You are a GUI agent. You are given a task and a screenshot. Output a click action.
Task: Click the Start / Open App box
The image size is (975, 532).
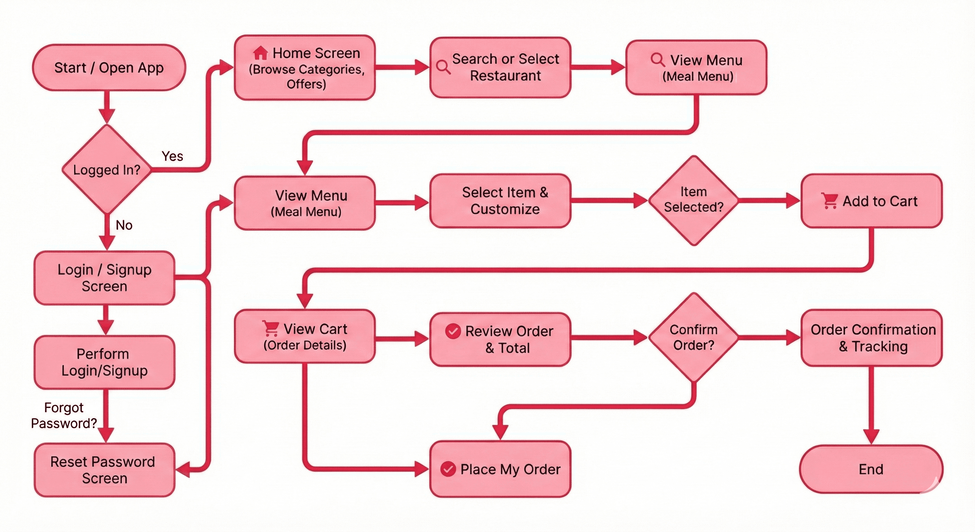point(109,68)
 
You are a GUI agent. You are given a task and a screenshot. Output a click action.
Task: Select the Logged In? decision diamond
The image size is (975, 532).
point(107,169)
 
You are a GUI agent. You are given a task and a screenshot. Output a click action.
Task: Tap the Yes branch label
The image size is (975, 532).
point(172,156)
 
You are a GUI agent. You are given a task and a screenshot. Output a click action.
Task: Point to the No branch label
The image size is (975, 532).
point(124,225)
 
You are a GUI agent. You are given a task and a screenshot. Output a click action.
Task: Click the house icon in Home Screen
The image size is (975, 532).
point(260,53)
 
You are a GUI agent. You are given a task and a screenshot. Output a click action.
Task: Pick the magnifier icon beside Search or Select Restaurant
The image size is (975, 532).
point(443,67)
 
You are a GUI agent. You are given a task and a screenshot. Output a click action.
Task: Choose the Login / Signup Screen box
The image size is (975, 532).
point(105,278)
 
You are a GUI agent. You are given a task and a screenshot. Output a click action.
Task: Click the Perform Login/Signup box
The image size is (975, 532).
point(105,362)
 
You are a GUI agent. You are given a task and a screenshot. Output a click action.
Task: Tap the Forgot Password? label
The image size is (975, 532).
point(64,415)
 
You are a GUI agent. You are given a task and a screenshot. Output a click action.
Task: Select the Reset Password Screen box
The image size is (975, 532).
point(105,470)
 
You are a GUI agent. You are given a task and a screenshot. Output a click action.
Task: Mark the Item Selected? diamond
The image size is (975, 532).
point(694,200)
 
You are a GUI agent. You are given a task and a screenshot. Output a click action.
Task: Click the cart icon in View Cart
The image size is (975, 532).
point(271,329)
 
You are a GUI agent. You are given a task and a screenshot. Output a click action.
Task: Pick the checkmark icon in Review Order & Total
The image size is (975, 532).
point(453,331)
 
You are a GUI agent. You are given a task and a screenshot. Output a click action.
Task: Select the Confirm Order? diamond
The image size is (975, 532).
point(694,337)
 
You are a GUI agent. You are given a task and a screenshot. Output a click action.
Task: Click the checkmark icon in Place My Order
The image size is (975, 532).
point(448,469)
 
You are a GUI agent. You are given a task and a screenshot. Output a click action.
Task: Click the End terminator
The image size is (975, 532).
point(871,469)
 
